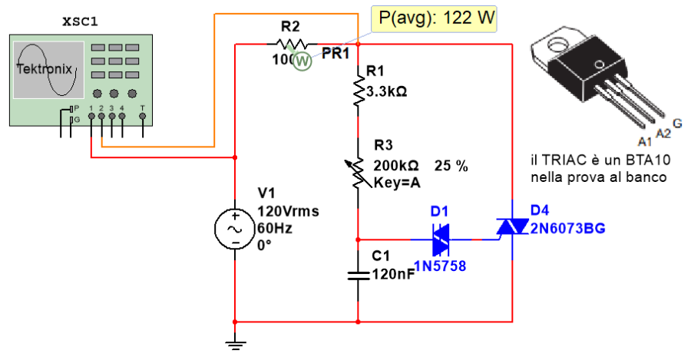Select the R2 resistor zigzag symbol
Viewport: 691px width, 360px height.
[x=292, y=45]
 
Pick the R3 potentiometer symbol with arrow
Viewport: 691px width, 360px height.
[x=357, y=173]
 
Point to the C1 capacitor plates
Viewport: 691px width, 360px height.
[x=358, y=274]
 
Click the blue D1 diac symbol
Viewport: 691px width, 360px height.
[x=441, y=239]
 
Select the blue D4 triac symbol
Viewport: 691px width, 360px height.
[x=511, y=226]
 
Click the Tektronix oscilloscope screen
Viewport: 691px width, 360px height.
[x=48, y=69]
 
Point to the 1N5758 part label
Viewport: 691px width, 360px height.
[x=440, y=266]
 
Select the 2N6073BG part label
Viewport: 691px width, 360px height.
[x=567, y=228]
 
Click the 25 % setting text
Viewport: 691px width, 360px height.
[x=451, y=165]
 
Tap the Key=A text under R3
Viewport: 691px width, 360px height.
[x=397, y=183]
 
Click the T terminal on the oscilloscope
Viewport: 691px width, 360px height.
[x=143, y=117]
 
